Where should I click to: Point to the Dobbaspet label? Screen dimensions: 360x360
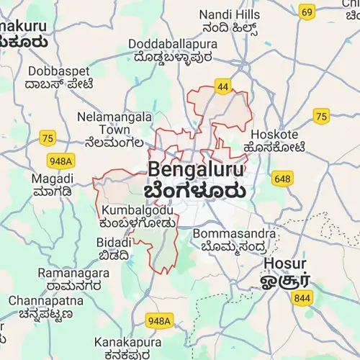coord(58,71)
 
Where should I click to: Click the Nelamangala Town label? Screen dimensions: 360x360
coord(114,122)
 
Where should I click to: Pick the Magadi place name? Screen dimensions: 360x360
coord(52,177)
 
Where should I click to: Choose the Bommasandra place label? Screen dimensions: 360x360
coord(235,234)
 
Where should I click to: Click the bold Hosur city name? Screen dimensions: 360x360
coord(285,263)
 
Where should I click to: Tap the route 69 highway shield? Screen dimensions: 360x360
coord(307,12)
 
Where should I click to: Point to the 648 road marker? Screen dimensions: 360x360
coord(282,177)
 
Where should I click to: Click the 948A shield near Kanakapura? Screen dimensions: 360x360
coord(158,320)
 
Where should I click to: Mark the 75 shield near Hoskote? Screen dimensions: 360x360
coord(321,116)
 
